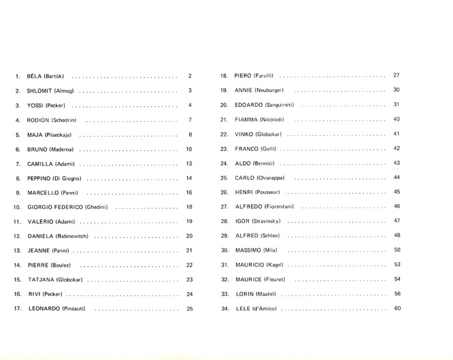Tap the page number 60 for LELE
point(397,309)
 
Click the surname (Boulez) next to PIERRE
point(67,265)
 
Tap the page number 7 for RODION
point(190,120)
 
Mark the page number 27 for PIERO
point(397,75)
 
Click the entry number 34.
point(224,309)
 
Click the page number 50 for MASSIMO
point(397,250)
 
